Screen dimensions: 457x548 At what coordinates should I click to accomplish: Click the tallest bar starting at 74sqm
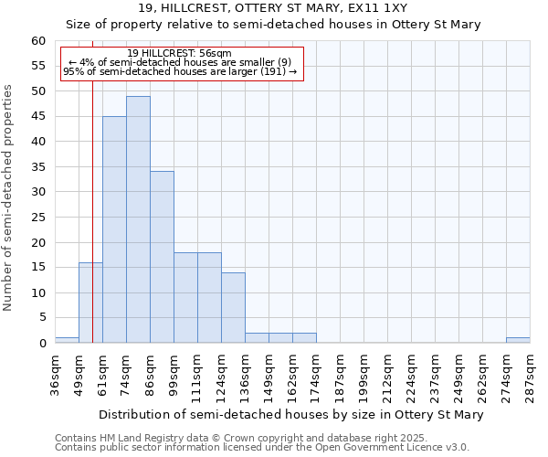click(x=138, y=219)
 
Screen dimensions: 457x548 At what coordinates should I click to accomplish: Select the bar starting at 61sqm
click(x=114, y=229)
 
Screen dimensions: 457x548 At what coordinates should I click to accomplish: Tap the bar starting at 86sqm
click(x=162, y=257)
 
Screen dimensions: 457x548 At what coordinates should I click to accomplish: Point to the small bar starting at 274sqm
click(x=518, y=340)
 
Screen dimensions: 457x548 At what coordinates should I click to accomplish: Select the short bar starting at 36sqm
click(x=67, y=340)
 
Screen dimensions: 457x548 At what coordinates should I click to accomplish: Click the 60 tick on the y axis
click(x=37, y=41)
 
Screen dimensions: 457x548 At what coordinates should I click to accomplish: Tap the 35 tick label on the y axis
click(x=37, y=167)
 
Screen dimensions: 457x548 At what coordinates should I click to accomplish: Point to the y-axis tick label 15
click(x=37, y=268)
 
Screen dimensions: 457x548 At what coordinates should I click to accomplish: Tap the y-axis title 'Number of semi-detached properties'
click(x=9, y=197)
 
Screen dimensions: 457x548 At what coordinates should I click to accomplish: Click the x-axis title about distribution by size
click(x=290, y=414)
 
